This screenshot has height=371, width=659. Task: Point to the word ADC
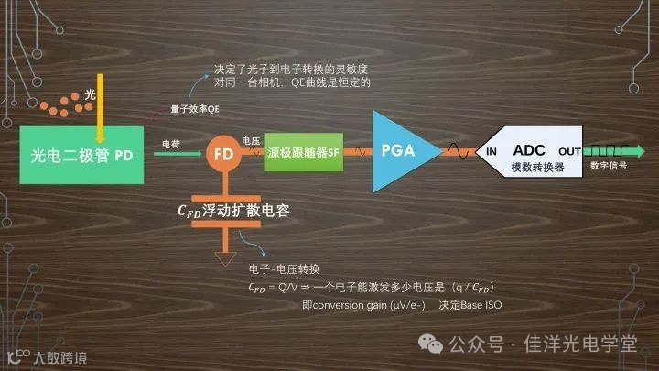point(529,148)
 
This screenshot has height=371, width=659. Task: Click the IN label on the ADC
point(492,150)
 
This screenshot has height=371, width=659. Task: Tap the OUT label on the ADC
point(569,150)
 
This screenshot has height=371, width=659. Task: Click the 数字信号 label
point(609,167)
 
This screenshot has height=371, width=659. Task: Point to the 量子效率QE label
point(195,109)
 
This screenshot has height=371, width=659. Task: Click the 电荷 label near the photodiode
point(170,144)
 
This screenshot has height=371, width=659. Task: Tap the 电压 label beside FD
point(250,140)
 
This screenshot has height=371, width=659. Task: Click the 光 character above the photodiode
point(90,95)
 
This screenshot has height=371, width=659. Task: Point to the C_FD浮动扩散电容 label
point(232,210)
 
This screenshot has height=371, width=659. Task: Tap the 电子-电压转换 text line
point(284,268)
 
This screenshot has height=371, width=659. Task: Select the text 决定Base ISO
point(476,304)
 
